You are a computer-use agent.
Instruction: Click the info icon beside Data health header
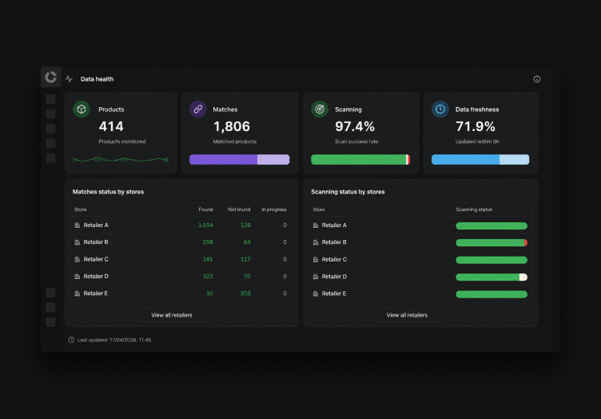coord(536,79)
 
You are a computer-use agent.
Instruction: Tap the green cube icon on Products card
coord(82,110)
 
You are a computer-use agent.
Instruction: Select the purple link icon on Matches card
coord(198,110)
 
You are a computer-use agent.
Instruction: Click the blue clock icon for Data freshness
coord(440,110)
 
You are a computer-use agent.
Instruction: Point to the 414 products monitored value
coord(111,126)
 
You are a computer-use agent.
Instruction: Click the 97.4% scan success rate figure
coord(355,126)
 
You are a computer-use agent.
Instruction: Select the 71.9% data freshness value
coord(476,126)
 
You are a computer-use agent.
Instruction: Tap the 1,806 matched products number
coord(232,126)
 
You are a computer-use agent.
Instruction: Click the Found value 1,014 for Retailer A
coord(205,225)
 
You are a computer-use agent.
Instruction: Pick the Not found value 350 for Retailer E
coord(245,293)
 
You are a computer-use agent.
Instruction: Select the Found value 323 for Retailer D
coord(208,276)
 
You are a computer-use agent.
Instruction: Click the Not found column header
coord(239,209)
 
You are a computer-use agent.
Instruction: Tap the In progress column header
coord(274,209)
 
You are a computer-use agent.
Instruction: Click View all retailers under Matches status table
coord(172,315)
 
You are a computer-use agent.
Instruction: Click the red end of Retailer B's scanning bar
coord(526,242)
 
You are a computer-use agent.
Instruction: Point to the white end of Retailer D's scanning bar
coord(523,277)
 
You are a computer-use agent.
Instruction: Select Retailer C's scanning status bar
coord(492,260)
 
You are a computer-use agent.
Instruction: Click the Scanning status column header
coord(474,209)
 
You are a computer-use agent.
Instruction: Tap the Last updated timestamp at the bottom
coord(114,340)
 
